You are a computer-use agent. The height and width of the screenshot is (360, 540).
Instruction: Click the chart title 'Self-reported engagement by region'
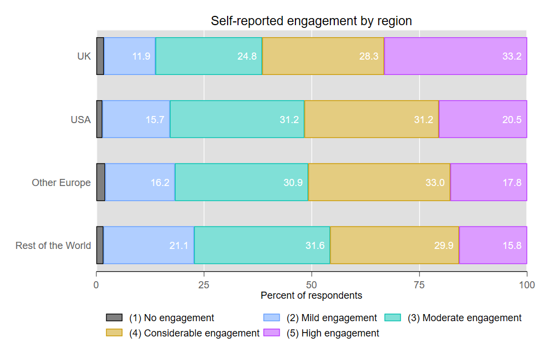[x=311, y=21]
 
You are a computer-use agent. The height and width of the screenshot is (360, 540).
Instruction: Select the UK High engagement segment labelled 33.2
[x=455, y=56]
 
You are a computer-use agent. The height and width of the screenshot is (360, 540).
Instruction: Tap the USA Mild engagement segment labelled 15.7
[x=136, y=119]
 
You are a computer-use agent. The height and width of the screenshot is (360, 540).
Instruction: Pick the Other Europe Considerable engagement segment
[x=379, y=182]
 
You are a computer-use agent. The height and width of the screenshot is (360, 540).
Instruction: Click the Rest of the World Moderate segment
[x=262, y=245]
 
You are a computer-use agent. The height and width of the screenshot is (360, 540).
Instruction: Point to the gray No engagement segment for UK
[x=100, y=56]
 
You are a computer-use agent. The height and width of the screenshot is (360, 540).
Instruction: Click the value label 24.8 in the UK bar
[x=247, y=56]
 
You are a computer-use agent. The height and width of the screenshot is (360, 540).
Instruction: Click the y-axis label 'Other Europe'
[x=61, y=183]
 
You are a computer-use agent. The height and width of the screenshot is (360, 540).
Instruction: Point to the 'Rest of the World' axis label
[x=53, y=246]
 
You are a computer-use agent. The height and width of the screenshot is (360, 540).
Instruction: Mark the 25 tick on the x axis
[x=204, y=284]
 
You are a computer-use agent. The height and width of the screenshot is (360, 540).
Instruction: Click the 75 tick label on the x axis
[x=419, y=284]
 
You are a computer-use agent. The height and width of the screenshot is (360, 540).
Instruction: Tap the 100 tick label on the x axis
[x=526, y=284]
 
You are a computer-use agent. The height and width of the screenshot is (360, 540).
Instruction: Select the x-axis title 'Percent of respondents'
[x=311, y=295]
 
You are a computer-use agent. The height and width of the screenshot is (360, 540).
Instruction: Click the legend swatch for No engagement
[x=114, y=318]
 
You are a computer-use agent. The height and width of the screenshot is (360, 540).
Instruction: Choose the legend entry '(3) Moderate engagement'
[x=464, y=318]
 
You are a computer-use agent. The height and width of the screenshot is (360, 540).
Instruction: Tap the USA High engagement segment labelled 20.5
[x=483, y=119]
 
